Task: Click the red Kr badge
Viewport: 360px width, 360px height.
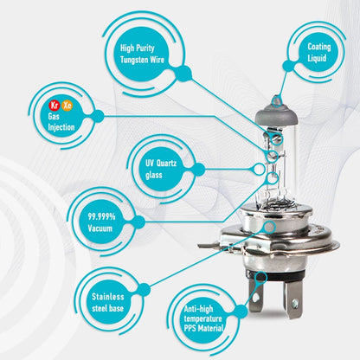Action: [x=55, y=106]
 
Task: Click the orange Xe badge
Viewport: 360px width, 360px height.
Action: [x=67, y=106]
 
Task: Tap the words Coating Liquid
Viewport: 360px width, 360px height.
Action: [x=318, y=52]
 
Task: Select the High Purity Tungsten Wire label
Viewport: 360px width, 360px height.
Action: [x=142, y=54]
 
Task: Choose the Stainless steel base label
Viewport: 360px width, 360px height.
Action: [x=107, y=302]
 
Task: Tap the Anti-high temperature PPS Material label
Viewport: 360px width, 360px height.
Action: [x=203, y=318]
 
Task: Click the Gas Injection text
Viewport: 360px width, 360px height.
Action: [x=61, y=122]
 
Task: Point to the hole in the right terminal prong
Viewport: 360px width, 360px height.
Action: [x=294, y=303]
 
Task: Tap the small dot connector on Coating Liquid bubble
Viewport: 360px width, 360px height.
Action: [x=288, y=66]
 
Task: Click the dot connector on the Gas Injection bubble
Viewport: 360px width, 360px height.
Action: [x=98, y=116]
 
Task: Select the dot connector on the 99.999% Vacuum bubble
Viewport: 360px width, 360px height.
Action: [x=138, y=222]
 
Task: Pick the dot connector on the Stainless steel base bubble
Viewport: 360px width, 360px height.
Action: [x=144, y=289]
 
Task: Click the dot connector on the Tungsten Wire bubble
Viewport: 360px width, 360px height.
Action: [x=183, y=73]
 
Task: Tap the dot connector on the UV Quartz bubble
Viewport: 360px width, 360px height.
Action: [x=198, y=169]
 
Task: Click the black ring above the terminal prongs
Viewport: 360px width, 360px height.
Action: [x=274, y=276]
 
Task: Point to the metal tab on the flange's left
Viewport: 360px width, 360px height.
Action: [x=209, y=245]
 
